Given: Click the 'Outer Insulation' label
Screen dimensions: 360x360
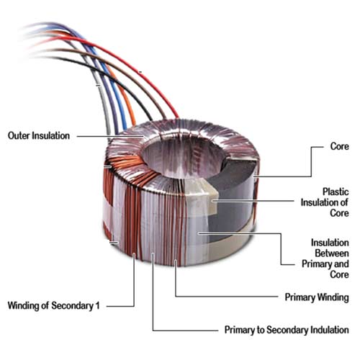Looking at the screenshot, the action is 39,136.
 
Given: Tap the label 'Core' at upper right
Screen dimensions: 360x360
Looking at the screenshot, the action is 339,146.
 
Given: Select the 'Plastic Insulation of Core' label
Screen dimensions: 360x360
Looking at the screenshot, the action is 325,202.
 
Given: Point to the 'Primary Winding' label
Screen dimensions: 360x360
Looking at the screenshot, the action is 317,297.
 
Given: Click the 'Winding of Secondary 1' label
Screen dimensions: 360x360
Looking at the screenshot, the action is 53,305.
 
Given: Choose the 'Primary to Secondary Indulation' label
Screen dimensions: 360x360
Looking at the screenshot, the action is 287,330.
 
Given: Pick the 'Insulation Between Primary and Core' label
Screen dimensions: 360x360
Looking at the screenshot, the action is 325,258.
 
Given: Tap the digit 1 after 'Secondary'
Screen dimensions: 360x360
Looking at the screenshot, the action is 97,305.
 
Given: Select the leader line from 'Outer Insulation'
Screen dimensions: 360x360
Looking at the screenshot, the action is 110,136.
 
